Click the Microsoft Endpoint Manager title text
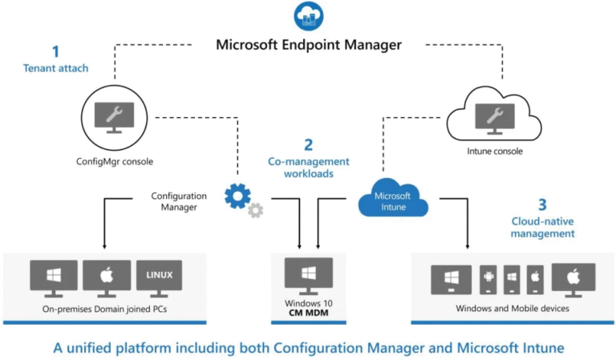308,44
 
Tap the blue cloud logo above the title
308,16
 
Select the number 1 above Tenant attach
55,51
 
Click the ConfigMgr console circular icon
115,117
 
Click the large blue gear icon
237,195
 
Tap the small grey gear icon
255,210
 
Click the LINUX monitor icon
159,277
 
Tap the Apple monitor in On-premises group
106,277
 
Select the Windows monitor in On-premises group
54,277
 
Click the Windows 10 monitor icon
308,275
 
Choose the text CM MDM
308,313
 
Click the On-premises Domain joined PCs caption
106,309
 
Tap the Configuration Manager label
179,201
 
